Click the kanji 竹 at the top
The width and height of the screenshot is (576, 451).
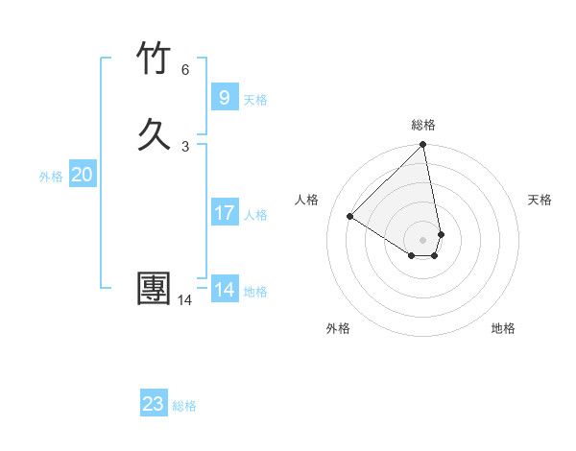[x=154, y=59]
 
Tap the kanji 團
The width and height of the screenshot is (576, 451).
[x=154, y=289]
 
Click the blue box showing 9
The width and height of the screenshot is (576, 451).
[x=224, y=97]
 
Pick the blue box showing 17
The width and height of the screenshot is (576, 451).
[x=224, y=213]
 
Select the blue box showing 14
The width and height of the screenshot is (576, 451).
[x=224, y=290]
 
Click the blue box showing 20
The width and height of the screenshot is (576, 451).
[x=82, y=175]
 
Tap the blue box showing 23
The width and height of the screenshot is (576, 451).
[x=153, y=404]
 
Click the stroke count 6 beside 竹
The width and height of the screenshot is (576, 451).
[x=185, y=69]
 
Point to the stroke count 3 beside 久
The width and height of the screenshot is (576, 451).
[x=185, y=146]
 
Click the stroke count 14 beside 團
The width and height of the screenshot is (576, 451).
[x=185, y=300]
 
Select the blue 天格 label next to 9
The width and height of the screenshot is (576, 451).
[x=255, y=99]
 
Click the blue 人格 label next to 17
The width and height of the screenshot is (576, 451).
[x=255, y=215]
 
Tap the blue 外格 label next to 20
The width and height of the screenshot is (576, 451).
[x=51, y=177]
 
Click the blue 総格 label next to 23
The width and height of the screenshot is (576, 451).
[x=184, y=406]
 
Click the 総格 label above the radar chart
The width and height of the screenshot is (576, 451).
[x=423, y=125]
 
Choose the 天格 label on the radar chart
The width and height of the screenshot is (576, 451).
[x=540, y=200]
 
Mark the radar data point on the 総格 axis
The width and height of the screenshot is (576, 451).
[x=423, y=146]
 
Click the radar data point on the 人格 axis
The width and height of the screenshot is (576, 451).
[x=350, y=216]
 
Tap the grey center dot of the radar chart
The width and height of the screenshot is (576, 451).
[x=423, y=239]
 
